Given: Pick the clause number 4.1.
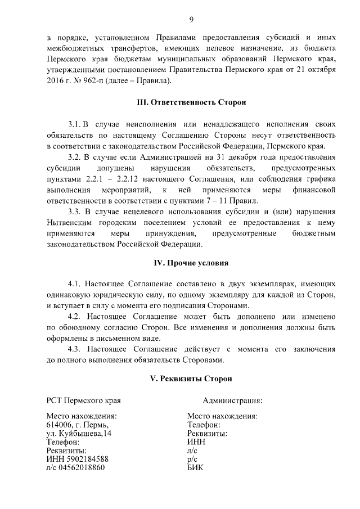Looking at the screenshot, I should [x=74, y=284].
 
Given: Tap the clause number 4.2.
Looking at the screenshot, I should [x=74, y=317].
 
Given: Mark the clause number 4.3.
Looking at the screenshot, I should [x=74, y=349].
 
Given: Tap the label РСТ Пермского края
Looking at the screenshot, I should [x=83, y=400].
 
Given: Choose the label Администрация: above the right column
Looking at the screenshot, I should [x=232, y=400].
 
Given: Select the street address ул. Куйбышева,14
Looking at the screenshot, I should [x=79, y=434].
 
